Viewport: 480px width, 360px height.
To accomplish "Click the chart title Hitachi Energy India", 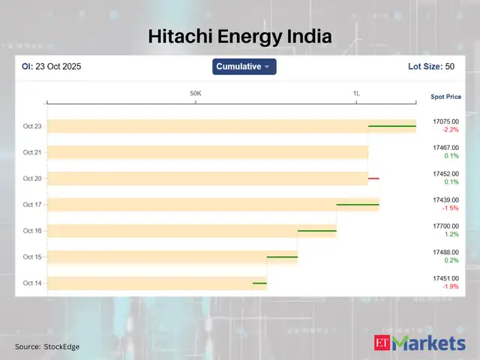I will (239, 36).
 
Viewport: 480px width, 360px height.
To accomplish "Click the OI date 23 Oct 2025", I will (52, 67).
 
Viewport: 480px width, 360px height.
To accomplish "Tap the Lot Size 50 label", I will (430, 67).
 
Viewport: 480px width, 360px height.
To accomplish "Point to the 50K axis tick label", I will (196, 94).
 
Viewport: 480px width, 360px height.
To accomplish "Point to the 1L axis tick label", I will (357, 94).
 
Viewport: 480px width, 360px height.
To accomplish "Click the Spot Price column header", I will (445, 97).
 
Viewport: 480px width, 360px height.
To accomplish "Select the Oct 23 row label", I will (32, 126).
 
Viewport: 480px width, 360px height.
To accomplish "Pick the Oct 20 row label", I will (32, 178).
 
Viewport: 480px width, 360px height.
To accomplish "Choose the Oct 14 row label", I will (32, 283).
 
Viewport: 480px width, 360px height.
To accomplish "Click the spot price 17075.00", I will (445, 121).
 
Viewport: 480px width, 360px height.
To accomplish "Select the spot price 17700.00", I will (445, 225).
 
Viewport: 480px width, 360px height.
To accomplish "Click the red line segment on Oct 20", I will (373, 178).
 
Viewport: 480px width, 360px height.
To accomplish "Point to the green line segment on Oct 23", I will (391, 126).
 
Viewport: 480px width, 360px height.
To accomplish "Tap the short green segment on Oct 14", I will (259, 283).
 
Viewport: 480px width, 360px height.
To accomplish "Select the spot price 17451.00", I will (445, 277).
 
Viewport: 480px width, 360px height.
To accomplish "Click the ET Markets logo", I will (419, 343).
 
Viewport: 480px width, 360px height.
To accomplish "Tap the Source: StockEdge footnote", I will (47, 346).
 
